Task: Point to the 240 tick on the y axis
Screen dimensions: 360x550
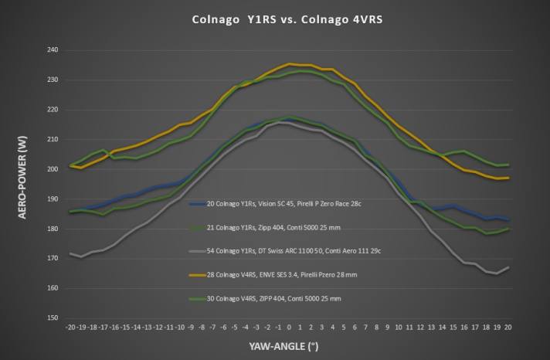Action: [53, 50]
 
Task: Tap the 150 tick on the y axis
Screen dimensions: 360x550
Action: [53, 318]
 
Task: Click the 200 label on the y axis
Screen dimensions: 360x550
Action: [53, 169]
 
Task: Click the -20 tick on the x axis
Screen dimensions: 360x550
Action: [70, 327]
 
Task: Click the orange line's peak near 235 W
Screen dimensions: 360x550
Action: [290, 64]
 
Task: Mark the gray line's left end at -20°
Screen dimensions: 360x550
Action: [70, 253]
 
